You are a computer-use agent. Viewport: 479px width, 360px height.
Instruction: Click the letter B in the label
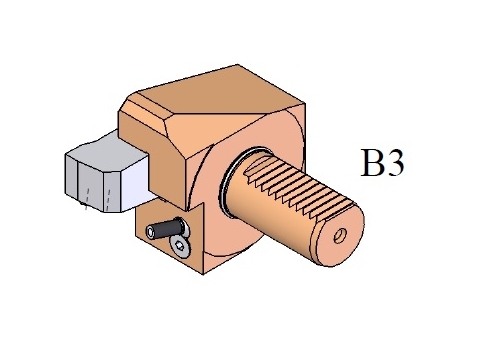tap(373, 162)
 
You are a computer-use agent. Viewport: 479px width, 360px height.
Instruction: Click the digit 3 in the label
tap(395, 162)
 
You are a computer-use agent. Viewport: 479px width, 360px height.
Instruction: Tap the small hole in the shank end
tap(340, 236)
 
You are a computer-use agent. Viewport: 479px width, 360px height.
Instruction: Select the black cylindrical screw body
tap(167, 228)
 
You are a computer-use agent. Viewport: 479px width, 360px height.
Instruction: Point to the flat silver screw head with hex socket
tap(179, 246)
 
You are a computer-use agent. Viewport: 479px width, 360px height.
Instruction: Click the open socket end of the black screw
tap(151, 232)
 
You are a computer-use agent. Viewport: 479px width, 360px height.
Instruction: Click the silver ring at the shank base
tap(233, 182)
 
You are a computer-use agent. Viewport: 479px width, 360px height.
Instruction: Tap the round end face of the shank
tap(337, 237)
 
